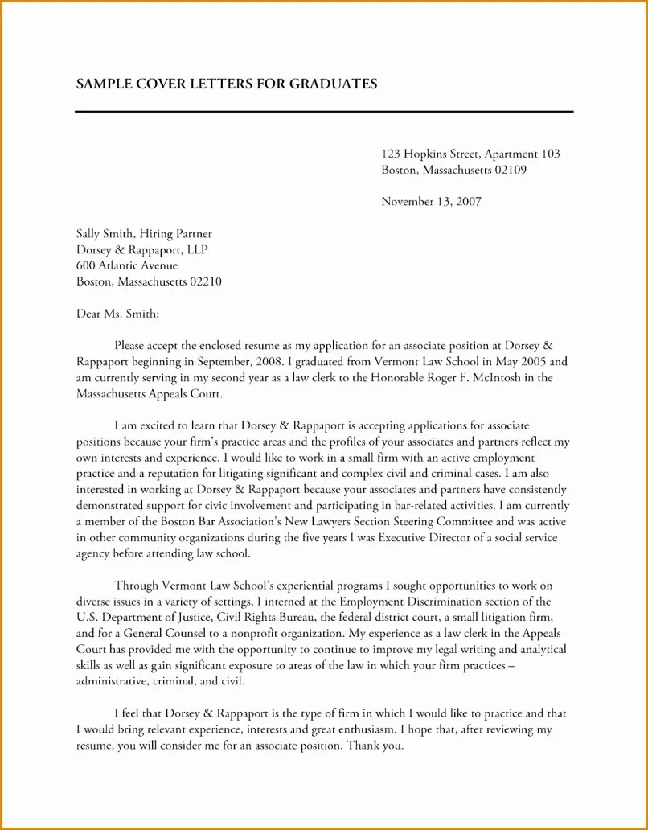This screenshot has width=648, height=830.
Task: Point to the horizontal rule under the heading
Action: coord(324,111)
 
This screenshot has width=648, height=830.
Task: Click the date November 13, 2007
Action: coord(430,202)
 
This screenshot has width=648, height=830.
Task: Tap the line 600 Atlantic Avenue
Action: coord(127,265)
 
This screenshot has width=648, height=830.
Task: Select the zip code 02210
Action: coord(205,281)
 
